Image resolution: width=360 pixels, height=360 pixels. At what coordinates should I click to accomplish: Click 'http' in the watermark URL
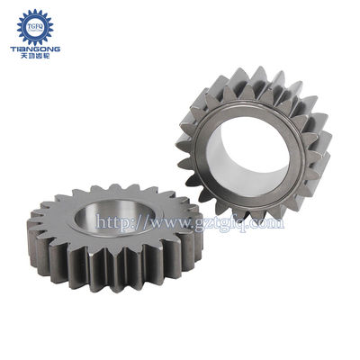coord(110,221)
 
